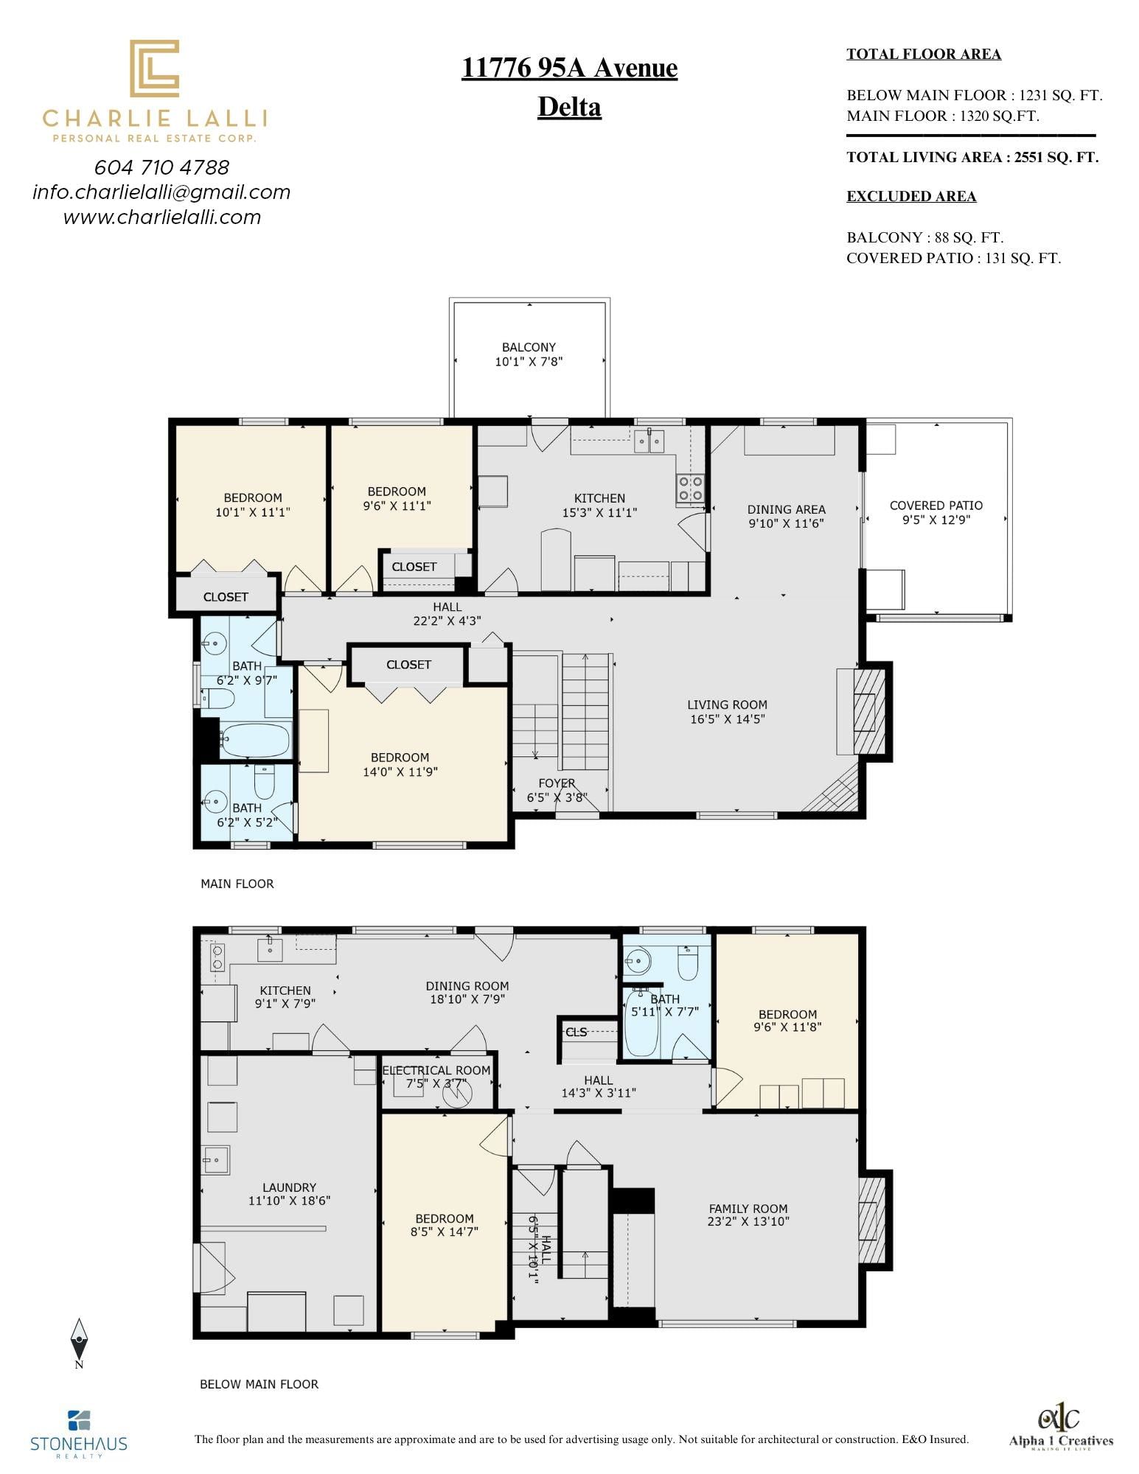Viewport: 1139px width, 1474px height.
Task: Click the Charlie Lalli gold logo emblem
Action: point(155,69)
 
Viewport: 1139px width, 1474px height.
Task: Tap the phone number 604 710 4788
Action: point(162,167)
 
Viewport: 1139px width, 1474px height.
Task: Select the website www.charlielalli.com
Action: point(162,217)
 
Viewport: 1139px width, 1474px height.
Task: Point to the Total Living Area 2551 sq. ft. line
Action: point(972,157)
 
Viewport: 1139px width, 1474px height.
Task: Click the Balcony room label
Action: point(529,347)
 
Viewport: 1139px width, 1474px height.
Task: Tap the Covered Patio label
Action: point(936,506)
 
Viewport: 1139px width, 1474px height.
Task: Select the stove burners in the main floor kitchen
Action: point(691,488)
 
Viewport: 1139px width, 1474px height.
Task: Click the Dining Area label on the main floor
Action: point(786,509)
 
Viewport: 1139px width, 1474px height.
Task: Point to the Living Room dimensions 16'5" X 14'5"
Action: point(728,719)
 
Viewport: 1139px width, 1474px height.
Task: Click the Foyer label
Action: point(557,783)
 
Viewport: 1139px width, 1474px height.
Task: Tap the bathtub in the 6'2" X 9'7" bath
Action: point(255,740)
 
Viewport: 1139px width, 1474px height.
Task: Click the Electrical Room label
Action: point(436,1070)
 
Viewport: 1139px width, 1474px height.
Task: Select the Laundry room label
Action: point(289,1187)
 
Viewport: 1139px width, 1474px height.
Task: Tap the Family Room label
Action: point(748,1209)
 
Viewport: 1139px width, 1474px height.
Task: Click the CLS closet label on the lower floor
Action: point(576,1032)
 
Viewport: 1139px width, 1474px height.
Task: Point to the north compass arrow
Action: point(79,1341)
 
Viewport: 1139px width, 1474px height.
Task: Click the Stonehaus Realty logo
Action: point(79,1434)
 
